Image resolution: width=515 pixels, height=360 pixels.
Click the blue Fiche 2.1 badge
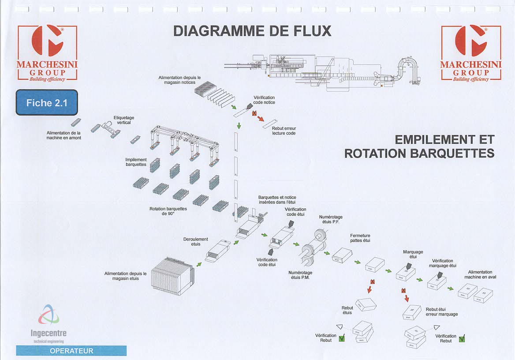47,103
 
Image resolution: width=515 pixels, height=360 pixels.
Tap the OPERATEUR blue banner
71,351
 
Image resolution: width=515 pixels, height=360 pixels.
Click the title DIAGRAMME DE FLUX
252,31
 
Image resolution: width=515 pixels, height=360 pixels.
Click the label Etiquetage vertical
124,120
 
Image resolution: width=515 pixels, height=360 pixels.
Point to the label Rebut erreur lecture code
284,131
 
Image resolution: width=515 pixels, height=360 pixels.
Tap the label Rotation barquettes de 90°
168,211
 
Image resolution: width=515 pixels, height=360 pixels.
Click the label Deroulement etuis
195,241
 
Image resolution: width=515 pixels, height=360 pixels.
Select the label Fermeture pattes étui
360,238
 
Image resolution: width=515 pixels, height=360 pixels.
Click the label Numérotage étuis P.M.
300,275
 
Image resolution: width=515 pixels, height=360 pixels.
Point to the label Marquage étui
413,254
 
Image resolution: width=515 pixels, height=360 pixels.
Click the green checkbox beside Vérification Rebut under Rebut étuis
341,339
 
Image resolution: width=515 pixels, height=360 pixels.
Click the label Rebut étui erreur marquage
441,312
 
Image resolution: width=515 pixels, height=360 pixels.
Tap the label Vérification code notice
264,100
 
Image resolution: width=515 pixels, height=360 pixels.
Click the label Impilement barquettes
136,162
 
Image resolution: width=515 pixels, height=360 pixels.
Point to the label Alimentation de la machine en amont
64,135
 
